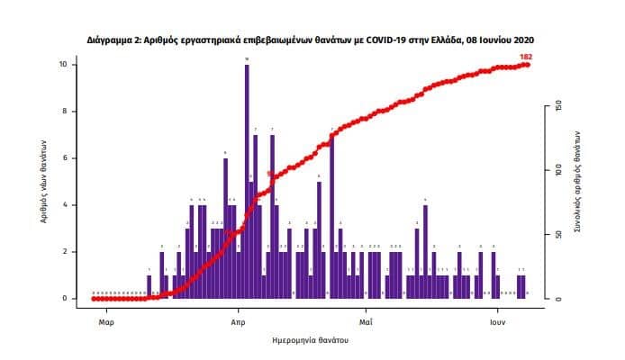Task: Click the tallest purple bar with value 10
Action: click(247, 180)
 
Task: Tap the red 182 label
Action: click(526, 57)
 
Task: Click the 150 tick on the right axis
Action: click(559, 106)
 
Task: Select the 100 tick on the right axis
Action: click(559, 170)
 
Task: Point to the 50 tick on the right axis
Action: click(559, 234)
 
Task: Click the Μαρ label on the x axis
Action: click(105, 320)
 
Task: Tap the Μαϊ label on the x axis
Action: click(365, 320)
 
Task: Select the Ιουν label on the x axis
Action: click(496, 320)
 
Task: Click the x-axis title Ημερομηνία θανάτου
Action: click(311, 342)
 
